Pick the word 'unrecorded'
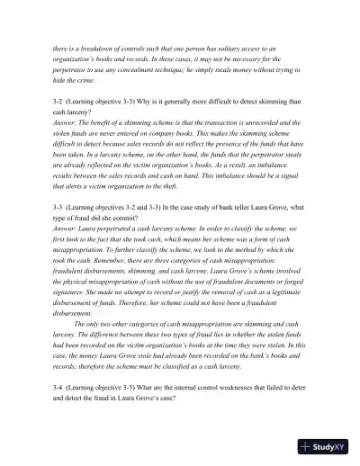(270, 139)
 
